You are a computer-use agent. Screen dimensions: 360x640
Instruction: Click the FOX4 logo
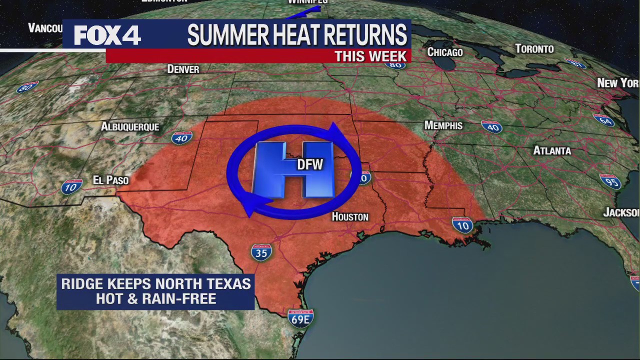[107, 35]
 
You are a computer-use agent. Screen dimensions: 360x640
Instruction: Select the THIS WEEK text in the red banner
[370, 56]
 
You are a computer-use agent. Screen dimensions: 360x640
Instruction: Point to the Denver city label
[183, 69]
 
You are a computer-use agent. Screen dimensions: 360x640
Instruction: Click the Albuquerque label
[130, 127]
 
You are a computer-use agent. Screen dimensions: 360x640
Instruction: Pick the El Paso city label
[110, 180]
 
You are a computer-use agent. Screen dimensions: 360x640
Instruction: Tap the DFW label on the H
[310, 164]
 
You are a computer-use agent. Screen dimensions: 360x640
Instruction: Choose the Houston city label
[350, 217]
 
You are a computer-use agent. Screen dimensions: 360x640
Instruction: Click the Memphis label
[443, 125]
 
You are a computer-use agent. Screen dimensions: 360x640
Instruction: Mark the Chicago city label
[445, 52]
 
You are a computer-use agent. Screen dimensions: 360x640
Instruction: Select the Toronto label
[534, 49]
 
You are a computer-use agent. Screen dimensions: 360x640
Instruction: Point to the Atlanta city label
[552, 150]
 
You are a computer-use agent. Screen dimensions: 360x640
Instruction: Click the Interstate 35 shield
[261, 252]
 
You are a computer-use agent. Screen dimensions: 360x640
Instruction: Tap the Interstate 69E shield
[300, 318]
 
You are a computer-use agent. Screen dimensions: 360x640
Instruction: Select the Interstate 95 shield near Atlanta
[610, 181]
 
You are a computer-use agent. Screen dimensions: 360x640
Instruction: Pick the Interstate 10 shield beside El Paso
[72, 187]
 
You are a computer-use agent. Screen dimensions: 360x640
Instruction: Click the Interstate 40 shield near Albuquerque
[181, 137]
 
